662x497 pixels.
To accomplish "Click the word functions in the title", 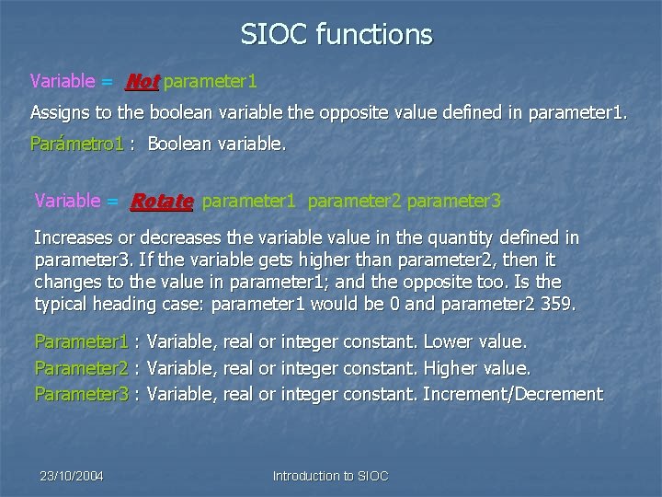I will coord(373,35).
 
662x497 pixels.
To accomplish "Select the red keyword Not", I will coord(142,82).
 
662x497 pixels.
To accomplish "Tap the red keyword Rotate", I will coord(162,201).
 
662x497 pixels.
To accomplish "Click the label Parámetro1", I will coord(77,144).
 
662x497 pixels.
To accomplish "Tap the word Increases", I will coord(74,237).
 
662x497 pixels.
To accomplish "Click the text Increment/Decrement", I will coord(512,394).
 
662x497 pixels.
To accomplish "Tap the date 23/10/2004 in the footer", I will coord(72,476).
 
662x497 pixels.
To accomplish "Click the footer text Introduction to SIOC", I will coord(331,476).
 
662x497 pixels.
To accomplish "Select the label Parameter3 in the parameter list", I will coord(81,394).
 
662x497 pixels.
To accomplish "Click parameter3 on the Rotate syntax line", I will coord(454,201).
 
